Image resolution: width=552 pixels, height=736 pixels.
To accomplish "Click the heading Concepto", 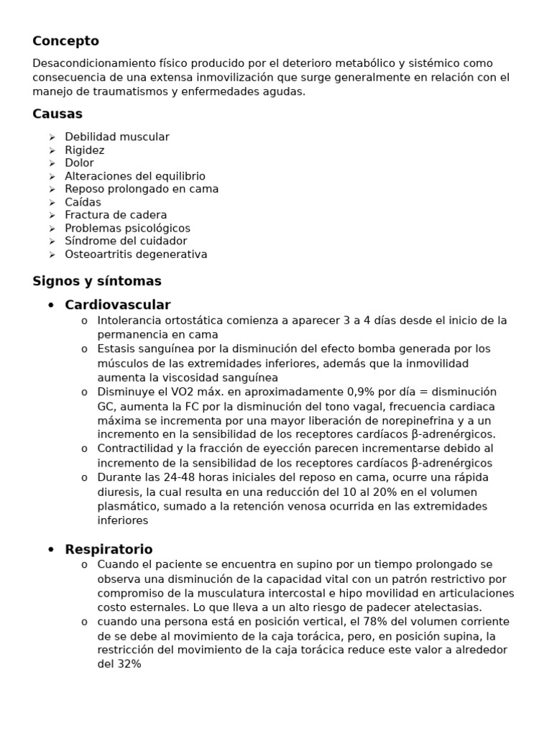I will click(x=65, y=41).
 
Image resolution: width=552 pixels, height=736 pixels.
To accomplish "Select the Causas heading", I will click(x=57, y=114).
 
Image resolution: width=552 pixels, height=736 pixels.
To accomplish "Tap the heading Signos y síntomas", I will click(x=97, y=280).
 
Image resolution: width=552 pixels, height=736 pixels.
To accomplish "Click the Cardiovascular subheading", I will click(x=118, y=305).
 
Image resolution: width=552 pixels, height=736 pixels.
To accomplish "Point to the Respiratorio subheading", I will click(x=109, y=549).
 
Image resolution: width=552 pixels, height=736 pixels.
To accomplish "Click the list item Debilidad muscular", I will click(x=117, y=137).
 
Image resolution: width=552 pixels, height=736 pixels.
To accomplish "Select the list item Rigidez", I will click(x=85, y=150).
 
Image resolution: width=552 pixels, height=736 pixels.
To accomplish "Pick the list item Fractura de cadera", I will click(x=116, y=215).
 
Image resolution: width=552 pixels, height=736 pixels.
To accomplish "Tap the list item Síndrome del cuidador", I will click(x=126, y=241).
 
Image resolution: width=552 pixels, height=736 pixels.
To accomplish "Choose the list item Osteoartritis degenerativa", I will click(x=136, y=254).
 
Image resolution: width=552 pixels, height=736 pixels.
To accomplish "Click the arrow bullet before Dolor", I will click(x=52, y=163).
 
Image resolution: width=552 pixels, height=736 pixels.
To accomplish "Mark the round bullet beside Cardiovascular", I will click(x=51, y=305).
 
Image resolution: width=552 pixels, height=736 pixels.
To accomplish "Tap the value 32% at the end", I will click(x=129, y=664).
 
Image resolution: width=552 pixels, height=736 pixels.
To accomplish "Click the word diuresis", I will click(x=119, y=492).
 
